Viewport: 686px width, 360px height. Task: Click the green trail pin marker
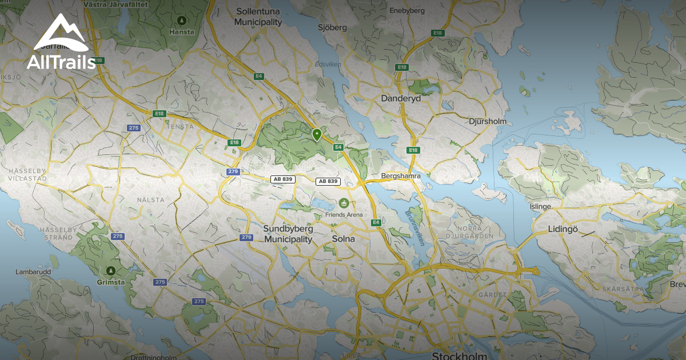pyautogui.click(x=317, y=134)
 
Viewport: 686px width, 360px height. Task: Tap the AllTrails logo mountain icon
pyautogui.click(x=61, y=34)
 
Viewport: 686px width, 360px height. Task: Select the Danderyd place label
pyautogui.click(x=401, y=98)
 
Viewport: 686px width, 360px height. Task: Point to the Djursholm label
pyautogui.click(x=488, y=121)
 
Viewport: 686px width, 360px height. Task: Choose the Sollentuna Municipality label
pyautogui.click(x=258, y=17)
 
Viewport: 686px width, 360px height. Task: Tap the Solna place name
pyautogui.click(x=343, y=239)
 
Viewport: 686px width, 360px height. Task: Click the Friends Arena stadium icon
pyautogui.click(x=344, y=203)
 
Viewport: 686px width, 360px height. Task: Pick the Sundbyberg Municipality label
pyautogui.click(x=288, y=234)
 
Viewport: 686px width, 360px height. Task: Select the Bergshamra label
pyautogui.click(x=401, y=176)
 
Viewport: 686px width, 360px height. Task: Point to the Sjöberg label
pyautogui.click(x=332, y=27)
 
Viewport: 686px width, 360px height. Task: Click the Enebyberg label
pyautogui.click(x=407, y=10)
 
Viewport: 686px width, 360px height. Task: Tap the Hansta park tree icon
pyautogui.click(x=182, y=21)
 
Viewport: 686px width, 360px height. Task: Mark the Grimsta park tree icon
pyautogui.click(x=111, y=270)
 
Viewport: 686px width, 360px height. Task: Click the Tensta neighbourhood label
pyautogui.click(x=180, y=126)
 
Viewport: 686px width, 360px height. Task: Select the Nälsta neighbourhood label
pyautogui.click(x=151, y=200)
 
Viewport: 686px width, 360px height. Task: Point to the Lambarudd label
pyautogui.click(x=33, y=271)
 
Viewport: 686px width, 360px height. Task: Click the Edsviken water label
pyautogui.click(x=328, y=65)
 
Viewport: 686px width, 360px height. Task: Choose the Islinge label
pyautogui.click(x=540, y=206)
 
